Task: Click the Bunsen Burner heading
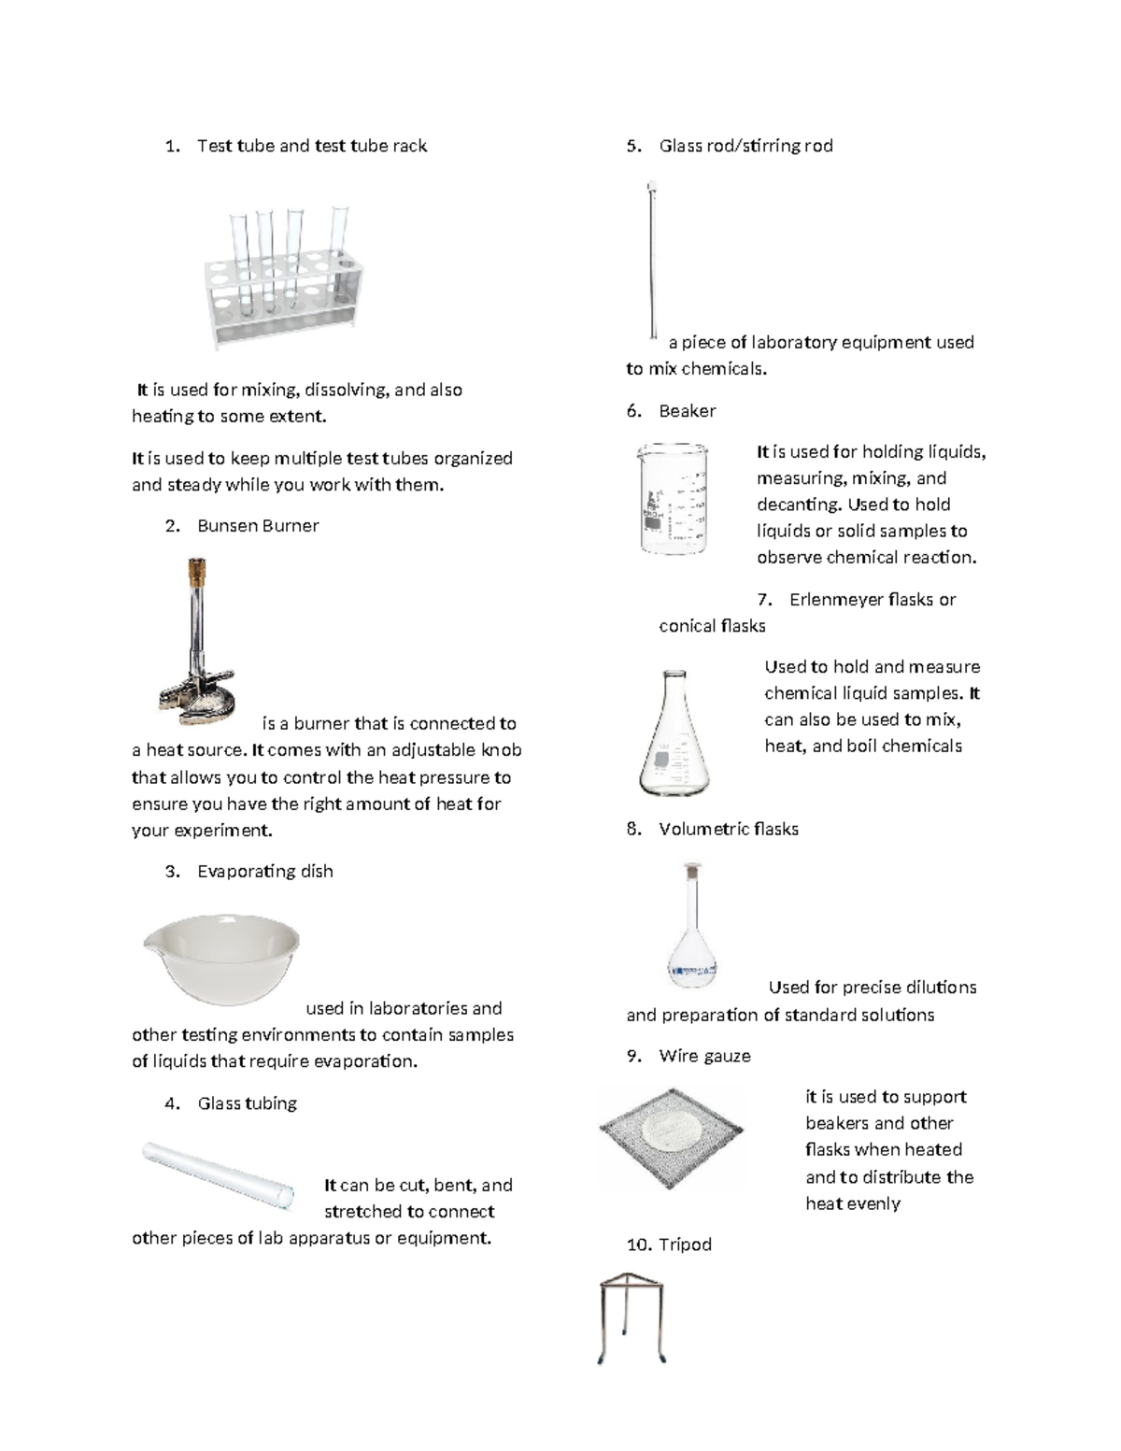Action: (258, 526)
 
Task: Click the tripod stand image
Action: (631, 1316)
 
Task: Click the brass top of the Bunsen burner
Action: (197, 571)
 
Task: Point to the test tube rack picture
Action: (284, 277)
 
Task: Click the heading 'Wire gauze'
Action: (704, 1056)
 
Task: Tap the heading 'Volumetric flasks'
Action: (728, 829)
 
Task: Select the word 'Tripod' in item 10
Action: (685, 1245)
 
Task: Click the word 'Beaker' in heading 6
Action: (687, 411)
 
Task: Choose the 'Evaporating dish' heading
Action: (264, 872)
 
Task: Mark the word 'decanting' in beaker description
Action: (798, 505)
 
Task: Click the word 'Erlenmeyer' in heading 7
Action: (836, 600)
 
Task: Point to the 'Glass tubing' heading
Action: (247, 1103)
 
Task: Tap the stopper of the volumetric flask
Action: (692, 871)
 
